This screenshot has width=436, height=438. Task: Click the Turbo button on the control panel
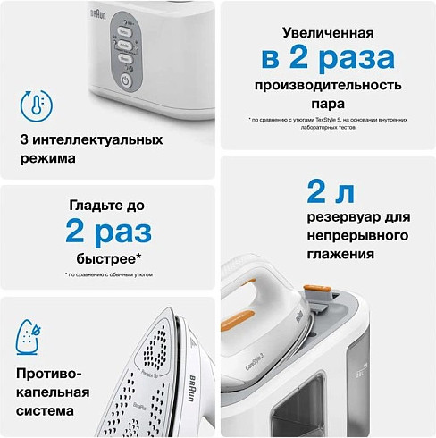(125, 30)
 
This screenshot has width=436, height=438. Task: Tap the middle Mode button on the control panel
(125, 44)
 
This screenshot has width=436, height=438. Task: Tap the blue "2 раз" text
(108, 232)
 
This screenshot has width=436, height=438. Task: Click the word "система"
(52, 412)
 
